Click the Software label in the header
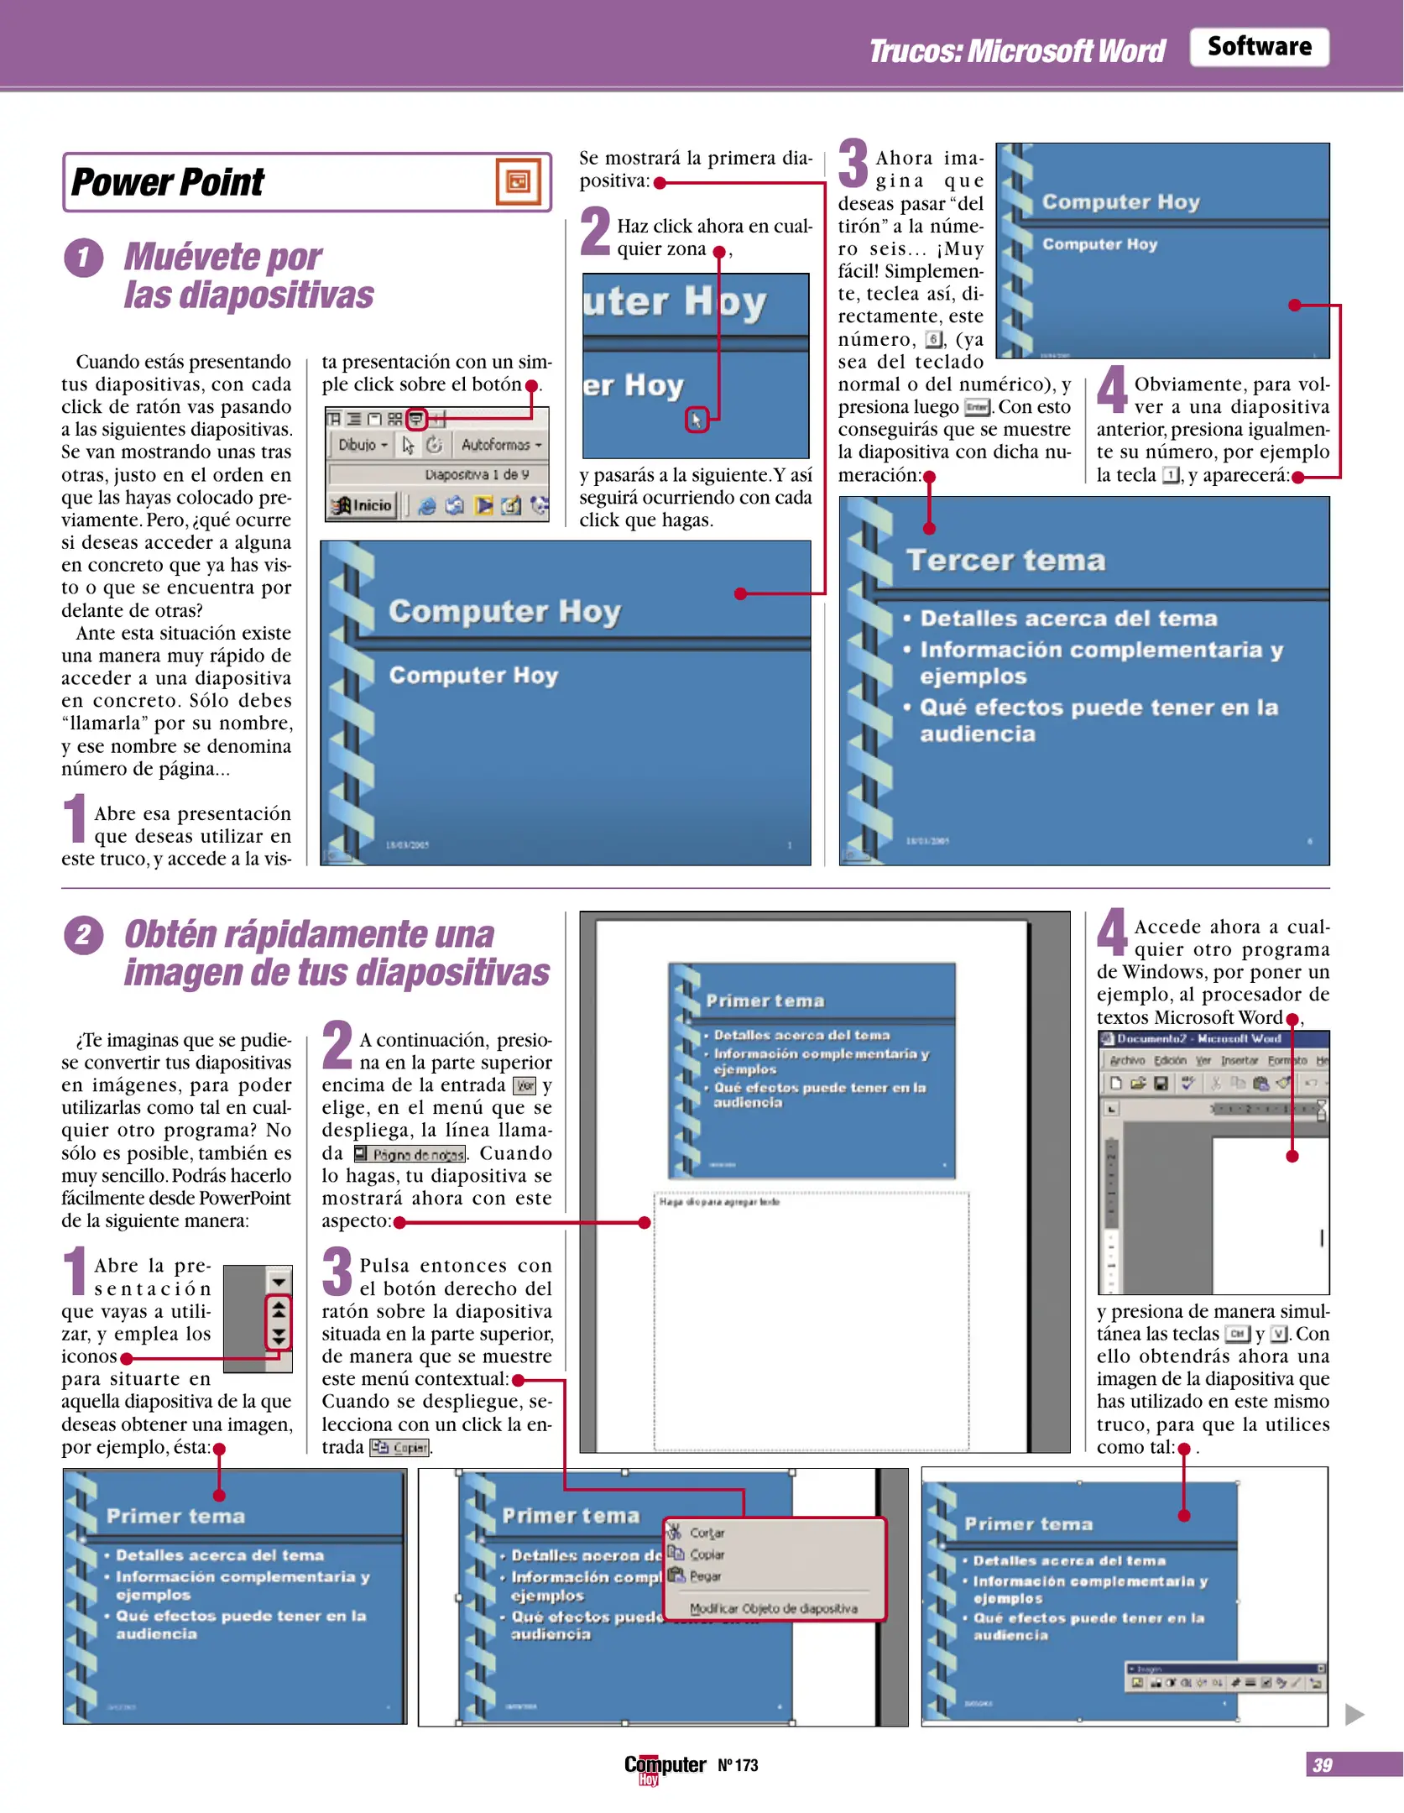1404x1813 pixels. [x=1258, y=46]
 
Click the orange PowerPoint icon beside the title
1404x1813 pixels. [x=518, y=181]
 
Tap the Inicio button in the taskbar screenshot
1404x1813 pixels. [x=363, y=505]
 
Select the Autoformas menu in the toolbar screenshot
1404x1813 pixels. [x=500, y=445]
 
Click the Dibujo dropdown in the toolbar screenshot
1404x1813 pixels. [x=363, y=445]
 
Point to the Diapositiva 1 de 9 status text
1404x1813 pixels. [x=476, y=475]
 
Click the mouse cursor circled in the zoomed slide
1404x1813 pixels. [x=696, y=420]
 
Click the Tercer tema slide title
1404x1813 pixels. [x=1005, y=560]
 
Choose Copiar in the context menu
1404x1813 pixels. [x=706, y=1554]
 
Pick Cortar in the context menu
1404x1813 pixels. [x=706, y=1533]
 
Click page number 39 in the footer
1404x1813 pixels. [x=1322, y=1764]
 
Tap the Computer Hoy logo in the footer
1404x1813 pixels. [x=664, y=1766]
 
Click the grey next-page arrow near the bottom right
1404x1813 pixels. [x=1354, y=1714]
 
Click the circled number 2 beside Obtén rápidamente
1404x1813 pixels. [x=84, y=935]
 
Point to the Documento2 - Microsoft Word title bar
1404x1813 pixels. [x=1198, y=1039]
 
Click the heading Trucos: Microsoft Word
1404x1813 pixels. [x=1016, y=51]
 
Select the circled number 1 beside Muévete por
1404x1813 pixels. [x=84, y=258]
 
